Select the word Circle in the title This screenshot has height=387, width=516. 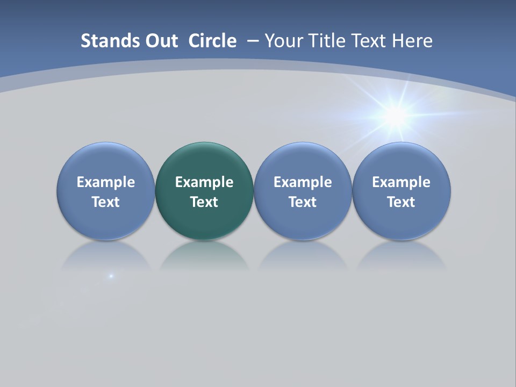click(x=212, y=41)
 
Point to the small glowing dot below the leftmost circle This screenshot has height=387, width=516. click(x=111, y=276)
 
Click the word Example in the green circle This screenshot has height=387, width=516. click(x=204, y=182)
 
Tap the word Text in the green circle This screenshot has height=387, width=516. click(x=204, y=202)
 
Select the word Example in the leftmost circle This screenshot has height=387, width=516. click(x=106, y=182)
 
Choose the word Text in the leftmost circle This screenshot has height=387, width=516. click(x=106, y=202)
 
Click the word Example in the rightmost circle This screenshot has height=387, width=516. click(x=402, y=182)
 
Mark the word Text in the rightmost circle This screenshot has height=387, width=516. click(x=402, y=202)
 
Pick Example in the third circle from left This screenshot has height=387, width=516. click(x=303, y=182)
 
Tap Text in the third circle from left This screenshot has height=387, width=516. click(x=303, y=202)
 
